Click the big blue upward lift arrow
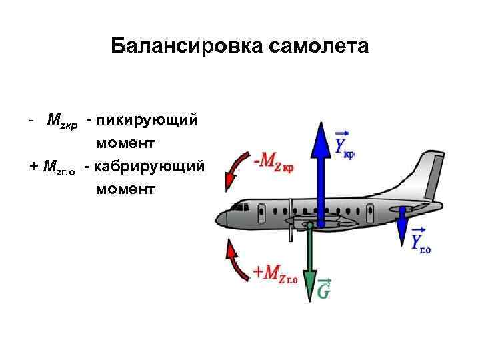(x=321, y=173)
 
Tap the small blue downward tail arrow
(x=403, y=230)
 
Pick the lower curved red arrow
(x=233, y=263)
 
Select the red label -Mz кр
(x=274, y=161)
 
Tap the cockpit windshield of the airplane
(x=234, y=209)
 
